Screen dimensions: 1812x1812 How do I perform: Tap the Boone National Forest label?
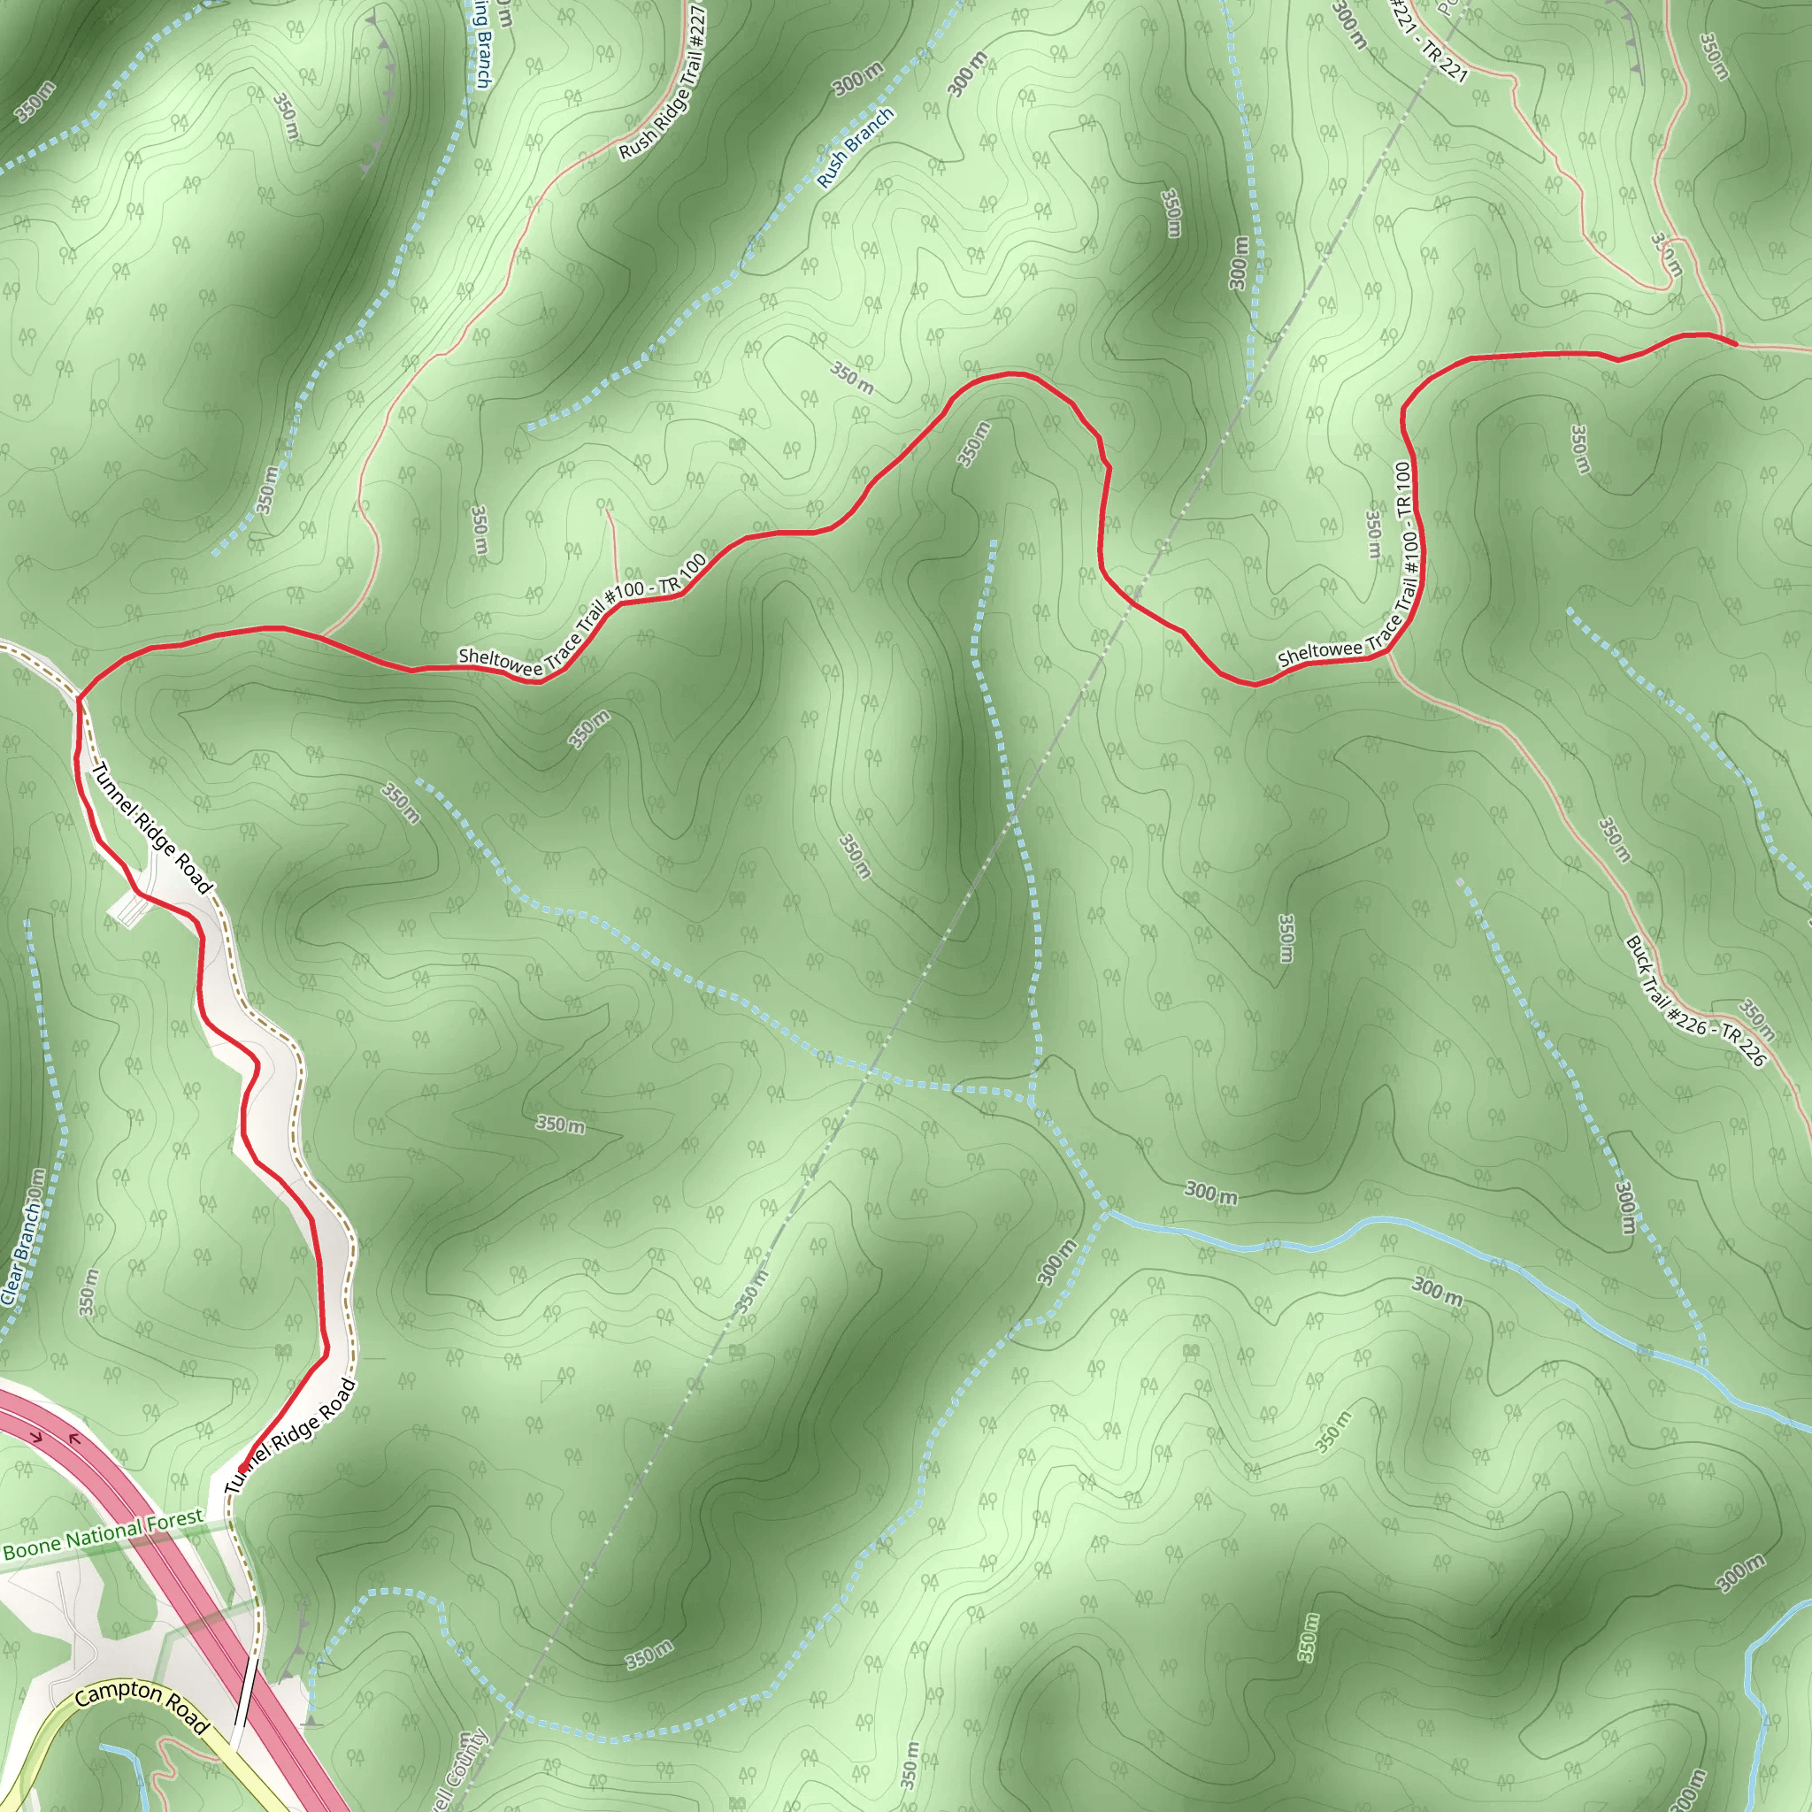[x=104, y=1534]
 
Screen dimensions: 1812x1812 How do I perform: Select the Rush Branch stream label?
[x=855, y=147]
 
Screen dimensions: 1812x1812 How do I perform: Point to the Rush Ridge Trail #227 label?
[x=662, y=81]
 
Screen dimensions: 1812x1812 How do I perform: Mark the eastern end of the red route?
[x=1735, y=344]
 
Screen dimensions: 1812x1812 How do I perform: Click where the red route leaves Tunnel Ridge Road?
[x=81, y=697]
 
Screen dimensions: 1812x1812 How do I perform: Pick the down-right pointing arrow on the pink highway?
[x=37, y=1436]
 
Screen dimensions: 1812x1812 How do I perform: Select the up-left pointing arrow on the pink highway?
[x=74, y=1439]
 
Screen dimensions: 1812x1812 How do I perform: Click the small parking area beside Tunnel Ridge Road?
[x=126, y=907]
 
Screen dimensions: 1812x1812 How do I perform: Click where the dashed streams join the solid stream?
[x=1107, y=1212]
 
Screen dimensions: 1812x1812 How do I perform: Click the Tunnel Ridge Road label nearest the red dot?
[x=291, y=1436]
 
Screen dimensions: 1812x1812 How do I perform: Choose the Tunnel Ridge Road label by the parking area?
[x=152, y=827]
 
